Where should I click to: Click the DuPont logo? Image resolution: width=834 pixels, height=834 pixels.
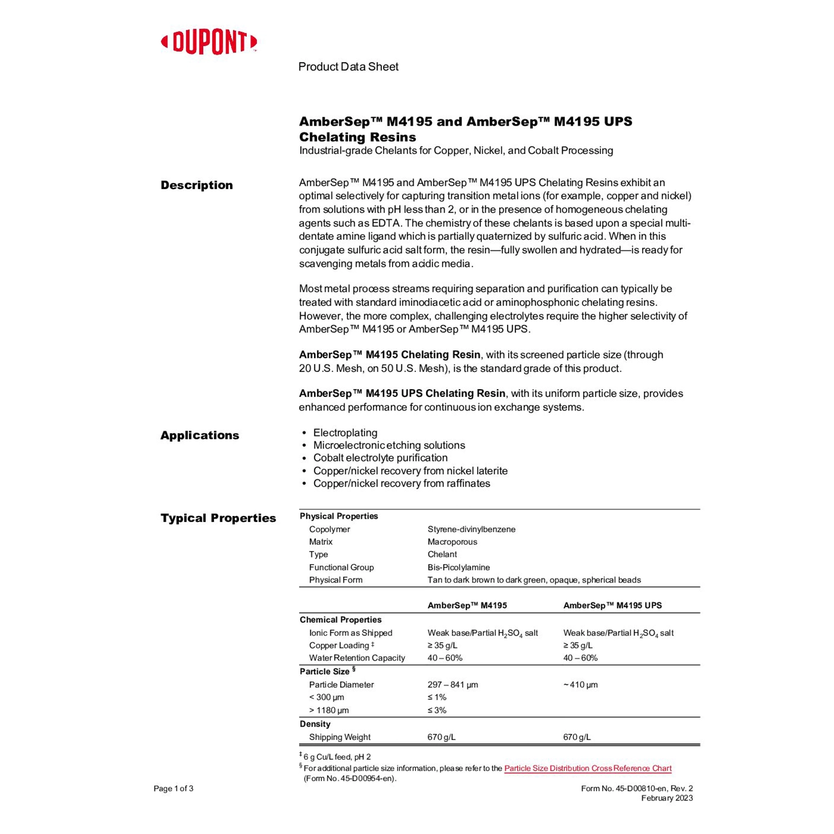point(209,42)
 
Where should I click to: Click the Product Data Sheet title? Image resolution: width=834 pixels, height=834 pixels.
point(348,67)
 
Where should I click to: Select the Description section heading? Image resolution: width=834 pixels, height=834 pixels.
point(197,185)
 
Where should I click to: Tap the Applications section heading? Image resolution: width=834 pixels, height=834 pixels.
point(200,435)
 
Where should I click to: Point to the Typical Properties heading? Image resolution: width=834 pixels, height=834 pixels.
point(218,518)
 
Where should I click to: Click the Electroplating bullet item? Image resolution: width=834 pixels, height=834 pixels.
point(345,433)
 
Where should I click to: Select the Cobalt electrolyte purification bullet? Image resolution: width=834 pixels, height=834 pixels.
point(380,458)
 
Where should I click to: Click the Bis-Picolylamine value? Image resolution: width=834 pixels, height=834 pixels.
point(459,567)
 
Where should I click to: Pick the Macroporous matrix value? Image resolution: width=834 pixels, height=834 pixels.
point(452,542)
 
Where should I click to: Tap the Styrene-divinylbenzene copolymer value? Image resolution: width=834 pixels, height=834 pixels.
point(471,529)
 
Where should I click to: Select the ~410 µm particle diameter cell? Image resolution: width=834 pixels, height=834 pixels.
point(580,684)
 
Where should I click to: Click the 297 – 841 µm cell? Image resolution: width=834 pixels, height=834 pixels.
point(453,684)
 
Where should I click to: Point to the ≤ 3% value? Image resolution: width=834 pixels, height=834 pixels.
point(437,710)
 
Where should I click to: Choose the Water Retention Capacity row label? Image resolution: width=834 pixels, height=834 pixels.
point(357,658)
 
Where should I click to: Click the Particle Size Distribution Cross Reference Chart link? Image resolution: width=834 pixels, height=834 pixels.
point(588,768)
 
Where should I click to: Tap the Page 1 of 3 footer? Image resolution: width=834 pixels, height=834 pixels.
point(173,788)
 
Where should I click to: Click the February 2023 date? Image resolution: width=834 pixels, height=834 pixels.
point(667,798)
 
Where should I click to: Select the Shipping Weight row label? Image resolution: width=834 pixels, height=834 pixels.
point(340,737)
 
